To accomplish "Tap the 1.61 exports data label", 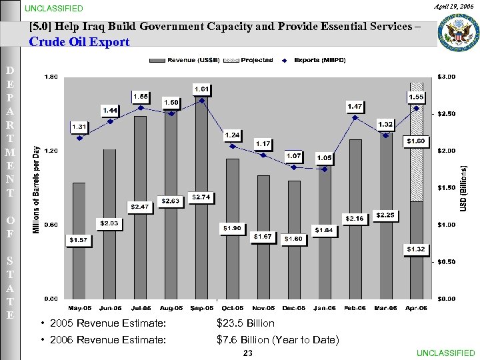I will tap(202, 89).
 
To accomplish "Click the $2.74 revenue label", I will tap(201, 197).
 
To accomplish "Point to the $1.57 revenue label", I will tap(79, 239).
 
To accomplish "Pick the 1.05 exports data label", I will tap(325, 157).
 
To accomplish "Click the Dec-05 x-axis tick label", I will tap(293, 308).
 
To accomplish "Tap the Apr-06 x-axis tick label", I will tap(416, 308).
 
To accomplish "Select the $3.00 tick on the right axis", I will tap(445, 77).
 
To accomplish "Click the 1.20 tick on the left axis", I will tap(51, 151).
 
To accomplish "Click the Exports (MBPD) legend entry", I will tap(311, 61).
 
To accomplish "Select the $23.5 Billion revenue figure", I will tap(245, 323).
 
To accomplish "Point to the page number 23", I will tap(248, 353).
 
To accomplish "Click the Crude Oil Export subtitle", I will tap(79, 42).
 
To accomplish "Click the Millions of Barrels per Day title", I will tap(37, 190).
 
